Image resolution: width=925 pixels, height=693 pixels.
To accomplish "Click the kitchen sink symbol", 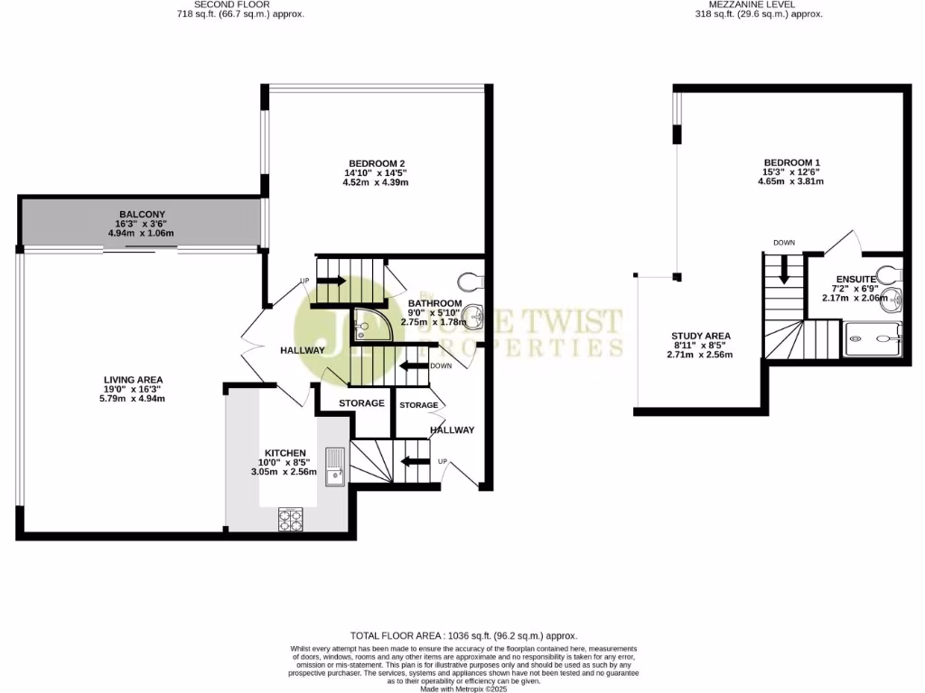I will (x=335, y=463).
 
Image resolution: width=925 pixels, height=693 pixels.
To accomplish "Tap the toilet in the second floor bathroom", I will (x=472, y=278).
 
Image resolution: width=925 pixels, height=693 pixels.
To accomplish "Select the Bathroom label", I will (x=434, y=303).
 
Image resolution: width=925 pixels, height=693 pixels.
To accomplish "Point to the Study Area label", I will (x=700, y=336).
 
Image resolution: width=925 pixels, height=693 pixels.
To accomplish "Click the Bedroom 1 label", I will (x=790, y=162).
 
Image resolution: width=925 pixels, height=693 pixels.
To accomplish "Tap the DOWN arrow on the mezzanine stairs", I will (x=783, y=267).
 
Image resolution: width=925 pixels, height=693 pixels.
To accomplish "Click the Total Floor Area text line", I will (x=462, y=636).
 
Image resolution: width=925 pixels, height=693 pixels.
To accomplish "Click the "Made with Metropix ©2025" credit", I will (x=462, y=688).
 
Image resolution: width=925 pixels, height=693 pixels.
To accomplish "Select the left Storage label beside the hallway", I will (x=361, y=402).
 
